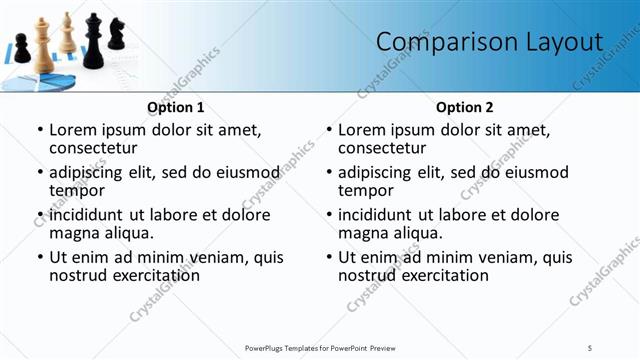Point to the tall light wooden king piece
click(x=42, y=44)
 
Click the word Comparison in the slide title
click(x=441, y=42)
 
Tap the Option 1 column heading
click(x=175, y=107)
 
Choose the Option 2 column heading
click(x=464, y=107)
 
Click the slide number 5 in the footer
click(x=590, y=347)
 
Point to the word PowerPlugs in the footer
click(x=268, y=347)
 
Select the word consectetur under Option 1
click(x=93, y=148)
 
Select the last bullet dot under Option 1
click(x=39, y=257)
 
